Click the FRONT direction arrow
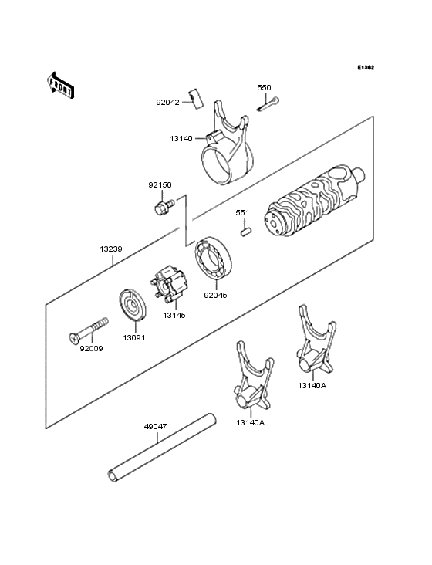[x=60, y=85]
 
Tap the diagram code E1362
[x=366, y=67]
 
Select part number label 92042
[x=167, y=103]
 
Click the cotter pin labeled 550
[x=268, y=103]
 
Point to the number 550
[x=264, y=87]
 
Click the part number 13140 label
[x=181, y=138]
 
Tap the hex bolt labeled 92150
[x=164, y=207]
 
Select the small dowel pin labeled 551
[x=246, y=231]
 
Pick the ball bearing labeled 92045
[x=214, y=257]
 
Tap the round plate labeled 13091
[x=133, y=304]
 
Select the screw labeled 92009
[x=89, y=330]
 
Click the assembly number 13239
[x=111, y=249]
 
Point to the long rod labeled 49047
[x=162, y=448]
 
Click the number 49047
[x=155, y=427]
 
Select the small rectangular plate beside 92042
[x=196, y=98]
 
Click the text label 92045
[x=215, y=295]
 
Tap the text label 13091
[x=134, y=338]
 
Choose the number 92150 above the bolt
[x=160, y=185]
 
